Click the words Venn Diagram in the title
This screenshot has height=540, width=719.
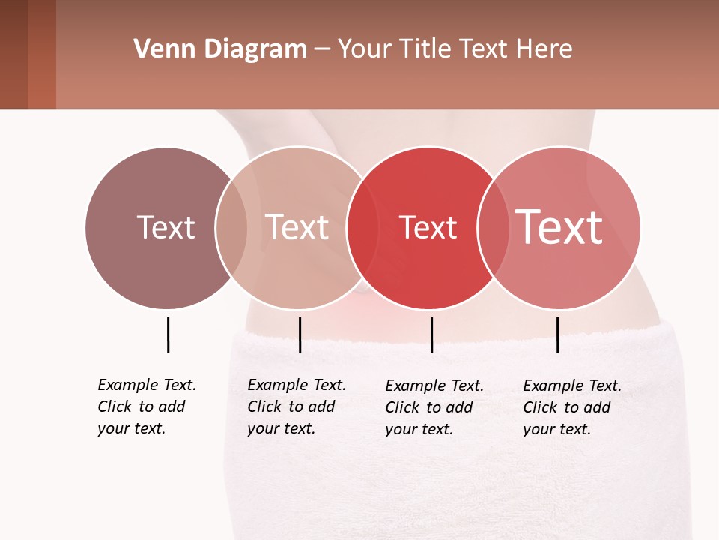point(220,49)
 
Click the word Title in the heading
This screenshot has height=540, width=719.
point(425,49)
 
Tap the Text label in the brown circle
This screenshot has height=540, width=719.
point(166,227)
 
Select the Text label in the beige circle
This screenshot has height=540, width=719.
point(297,227)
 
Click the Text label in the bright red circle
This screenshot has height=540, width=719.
point(428,228)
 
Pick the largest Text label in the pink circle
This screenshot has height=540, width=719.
point(559,226)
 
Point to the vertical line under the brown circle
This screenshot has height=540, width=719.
point(168,334)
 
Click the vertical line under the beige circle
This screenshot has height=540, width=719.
point(300,334)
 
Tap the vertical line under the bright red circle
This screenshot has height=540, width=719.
point(431,334)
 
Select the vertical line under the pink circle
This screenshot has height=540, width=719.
point(557,334)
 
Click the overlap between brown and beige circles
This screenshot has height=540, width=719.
point(231,228)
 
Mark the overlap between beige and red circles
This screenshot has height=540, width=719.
point(362,228)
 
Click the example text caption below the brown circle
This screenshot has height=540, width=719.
point(147,406)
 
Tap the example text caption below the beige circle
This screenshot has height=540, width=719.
point(297,406)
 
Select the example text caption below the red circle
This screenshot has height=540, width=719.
point(434,407)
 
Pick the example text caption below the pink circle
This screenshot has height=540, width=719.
point(572,407)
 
